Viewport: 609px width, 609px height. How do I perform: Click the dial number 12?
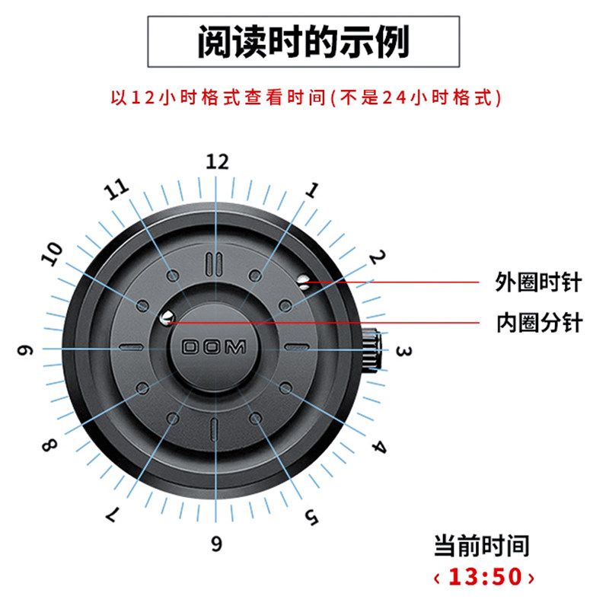[x=217, y=161]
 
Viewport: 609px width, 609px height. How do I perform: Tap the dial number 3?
[x=404, y=352]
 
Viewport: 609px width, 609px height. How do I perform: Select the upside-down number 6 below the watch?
[x=217, y=544]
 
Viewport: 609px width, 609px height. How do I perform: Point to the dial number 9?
[x=28, y=351]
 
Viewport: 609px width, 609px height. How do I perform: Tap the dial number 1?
[x=311, y=190]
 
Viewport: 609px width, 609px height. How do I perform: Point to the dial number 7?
[x=112, y=515]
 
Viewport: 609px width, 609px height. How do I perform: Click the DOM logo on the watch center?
[x=214, y=348]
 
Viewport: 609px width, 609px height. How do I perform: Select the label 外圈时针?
[x=538, y=283]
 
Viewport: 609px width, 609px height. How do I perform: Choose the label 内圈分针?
[x=538, y=323]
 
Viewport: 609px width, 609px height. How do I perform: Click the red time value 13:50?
[x=483, y=576]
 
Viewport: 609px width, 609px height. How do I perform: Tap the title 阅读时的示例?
[x=304, y=43]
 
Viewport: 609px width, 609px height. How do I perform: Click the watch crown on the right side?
[x=375, y=351]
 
